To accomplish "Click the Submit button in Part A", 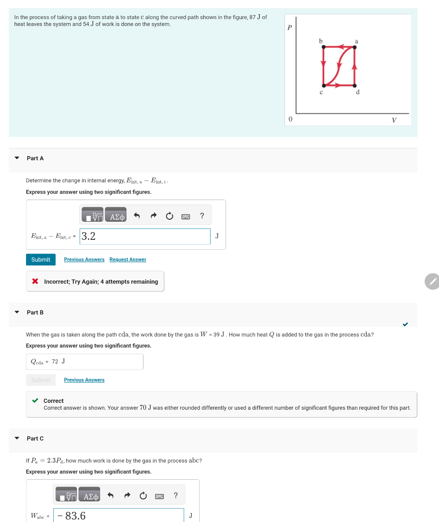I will tap(41, 259).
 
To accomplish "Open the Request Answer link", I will tap(128, 259).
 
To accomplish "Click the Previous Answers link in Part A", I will tap(84, 259).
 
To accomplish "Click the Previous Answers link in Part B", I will tap(84, 380).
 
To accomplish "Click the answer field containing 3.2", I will tap(145, 236).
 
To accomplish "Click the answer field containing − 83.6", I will tap(118, 515).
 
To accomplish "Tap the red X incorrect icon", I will tap(35, 281).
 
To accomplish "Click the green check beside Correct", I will tap(35, 400).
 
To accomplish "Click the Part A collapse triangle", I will tap(17, 158).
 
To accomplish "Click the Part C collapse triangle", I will tap(17, 438).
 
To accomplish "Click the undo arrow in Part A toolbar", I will tap(137, 216).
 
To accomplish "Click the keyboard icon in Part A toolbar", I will tap(186, 216).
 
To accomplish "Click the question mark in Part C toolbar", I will tap(176, 495).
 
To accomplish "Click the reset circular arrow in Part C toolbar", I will tap(143, 496).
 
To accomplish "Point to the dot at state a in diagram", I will tap(354, 47).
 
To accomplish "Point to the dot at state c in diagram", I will tap(324, 86).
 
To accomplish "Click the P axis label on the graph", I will tap(289, 28).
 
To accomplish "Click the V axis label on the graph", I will tap(394, 120).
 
